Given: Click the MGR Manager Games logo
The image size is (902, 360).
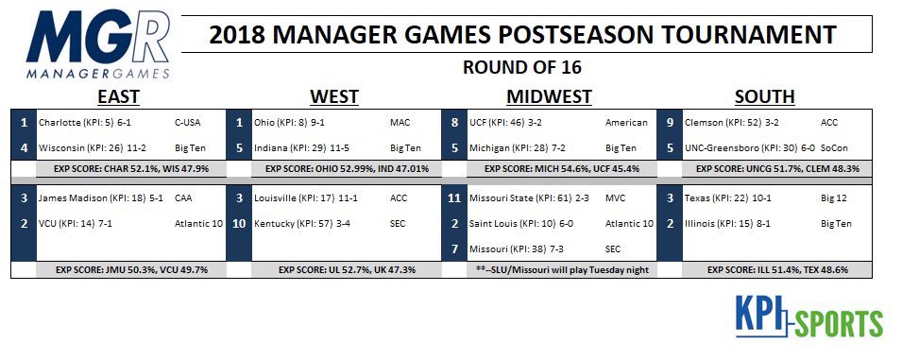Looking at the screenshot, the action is tap(98, 44).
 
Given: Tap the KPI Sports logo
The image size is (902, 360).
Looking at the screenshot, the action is tap(808, 316).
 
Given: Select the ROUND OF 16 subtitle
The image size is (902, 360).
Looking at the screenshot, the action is tap(521, 67).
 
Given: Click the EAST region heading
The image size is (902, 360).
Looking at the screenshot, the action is tap(118, 96).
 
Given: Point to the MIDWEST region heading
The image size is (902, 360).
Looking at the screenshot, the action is tap(549, 96).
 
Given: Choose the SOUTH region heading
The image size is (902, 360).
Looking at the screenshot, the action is tap(764, 96).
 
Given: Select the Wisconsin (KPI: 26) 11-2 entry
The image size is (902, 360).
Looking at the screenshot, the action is tap(93, 147).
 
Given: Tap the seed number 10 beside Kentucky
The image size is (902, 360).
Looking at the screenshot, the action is tap(239, 223).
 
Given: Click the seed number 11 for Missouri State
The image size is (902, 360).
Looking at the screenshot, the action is tap(454, 197).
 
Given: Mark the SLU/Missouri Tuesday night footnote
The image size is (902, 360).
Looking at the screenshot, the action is tap(562, 269).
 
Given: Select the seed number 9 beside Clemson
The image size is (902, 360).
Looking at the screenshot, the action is tap(670, 123).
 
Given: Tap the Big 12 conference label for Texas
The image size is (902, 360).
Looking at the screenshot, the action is tap(834, 197).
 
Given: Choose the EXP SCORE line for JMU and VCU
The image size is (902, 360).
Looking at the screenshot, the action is tap(131, 269).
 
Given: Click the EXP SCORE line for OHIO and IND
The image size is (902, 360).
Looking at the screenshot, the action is tap(347, 168).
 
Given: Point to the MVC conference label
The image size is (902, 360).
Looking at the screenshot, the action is tap(615, 197).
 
